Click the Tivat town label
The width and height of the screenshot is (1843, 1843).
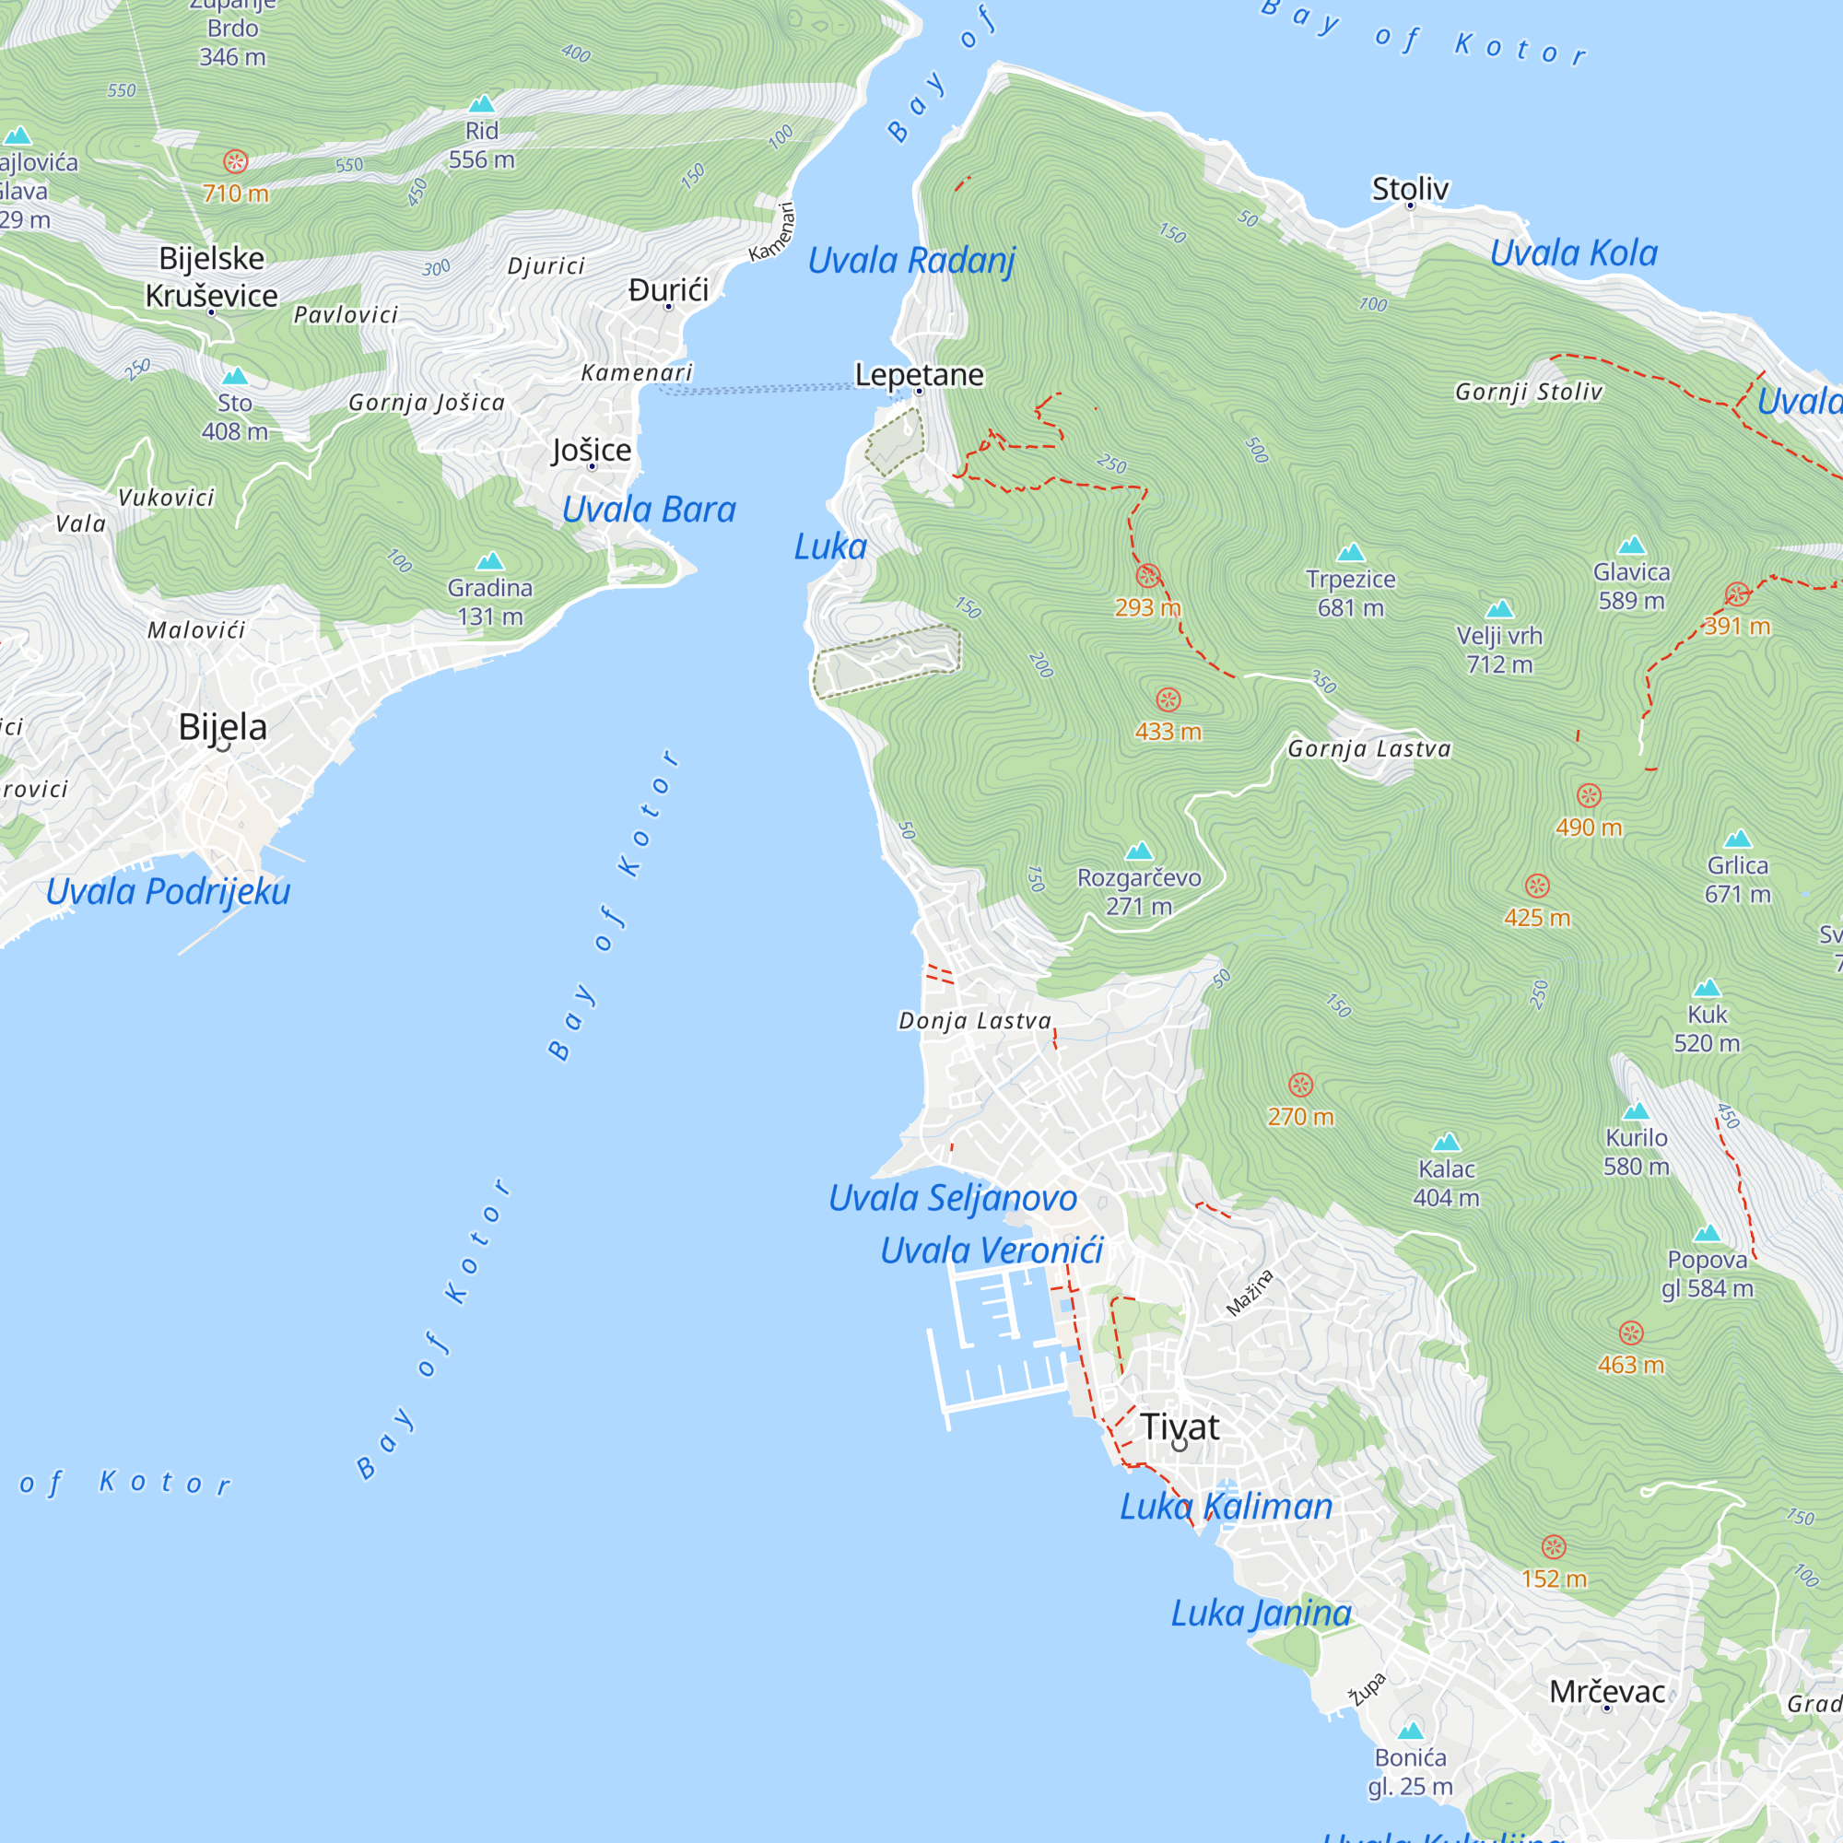(x=1180, y=1427)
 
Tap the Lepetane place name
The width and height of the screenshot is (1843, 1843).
(x=919, y=375)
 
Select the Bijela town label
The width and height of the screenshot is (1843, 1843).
(x=222, y=727)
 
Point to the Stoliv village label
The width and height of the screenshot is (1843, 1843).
(x=1410, y=189)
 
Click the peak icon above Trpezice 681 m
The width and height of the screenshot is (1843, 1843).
(x=1350, y=552)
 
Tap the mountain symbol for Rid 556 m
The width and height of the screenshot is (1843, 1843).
(x=482, y=103)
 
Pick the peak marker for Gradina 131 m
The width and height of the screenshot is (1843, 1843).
(x=489, y=560)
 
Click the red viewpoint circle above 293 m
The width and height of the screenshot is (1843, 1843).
(x=1147, y=575)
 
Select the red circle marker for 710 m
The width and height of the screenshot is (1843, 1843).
(x=236, y=161)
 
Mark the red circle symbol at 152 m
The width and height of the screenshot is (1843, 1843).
(x=1553, y=1546)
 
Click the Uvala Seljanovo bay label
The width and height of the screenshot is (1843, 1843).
(x=952, y=1198)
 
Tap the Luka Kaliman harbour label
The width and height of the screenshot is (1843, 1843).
(x=1225, y=1508)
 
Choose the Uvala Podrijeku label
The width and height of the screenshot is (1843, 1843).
(x=168, y=891)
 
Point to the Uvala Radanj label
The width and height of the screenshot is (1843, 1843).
(x=911, y=260)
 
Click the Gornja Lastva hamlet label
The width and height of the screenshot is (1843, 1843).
(x=1369, y=749)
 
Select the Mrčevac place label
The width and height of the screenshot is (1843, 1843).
(x=1606, y=1692)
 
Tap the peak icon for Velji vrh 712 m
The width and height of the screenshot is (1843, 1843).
(x=1498, y=608)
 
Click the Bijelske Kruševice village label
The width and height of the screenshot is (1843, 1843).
(x=211, y=276)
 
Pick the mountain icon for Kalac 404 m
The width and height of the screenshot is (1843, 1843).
(x=1446, y=1142)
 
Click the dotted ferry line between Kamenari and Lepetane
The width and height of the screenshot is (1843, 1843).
(x=763, y=389)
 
